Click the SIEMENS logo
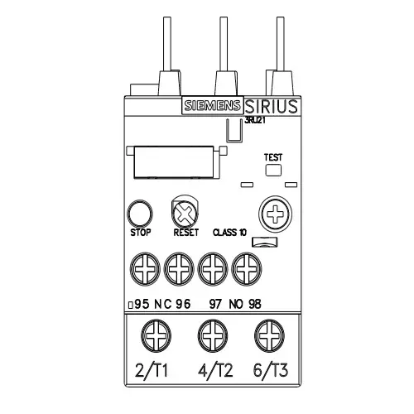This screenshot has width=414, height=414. point(213,106)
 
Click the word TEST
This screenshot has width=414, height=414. point(272,156)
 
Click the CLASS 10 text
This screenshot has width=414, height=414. point(229,233)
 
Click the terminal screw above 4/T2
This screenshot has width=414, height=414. point(212,338)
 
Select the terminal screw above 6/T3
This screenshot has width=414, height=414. point(268,338)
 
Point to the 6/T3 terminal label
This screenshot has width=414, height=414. point(268,369)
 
